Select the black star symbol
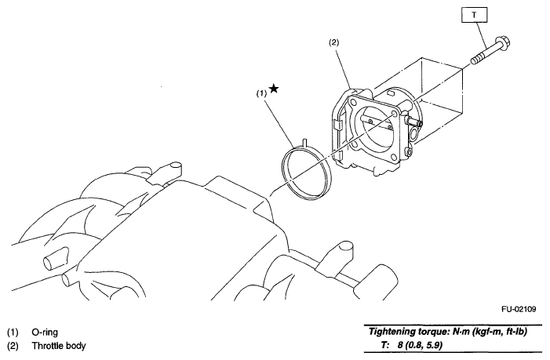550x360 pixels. tap(273, 89)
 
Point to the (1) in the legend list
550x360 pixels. tap(12, 332)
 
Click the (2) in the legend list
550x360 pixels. tap(12, 346)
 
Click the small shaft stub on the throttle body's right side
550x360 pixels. tap(417, 122)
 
